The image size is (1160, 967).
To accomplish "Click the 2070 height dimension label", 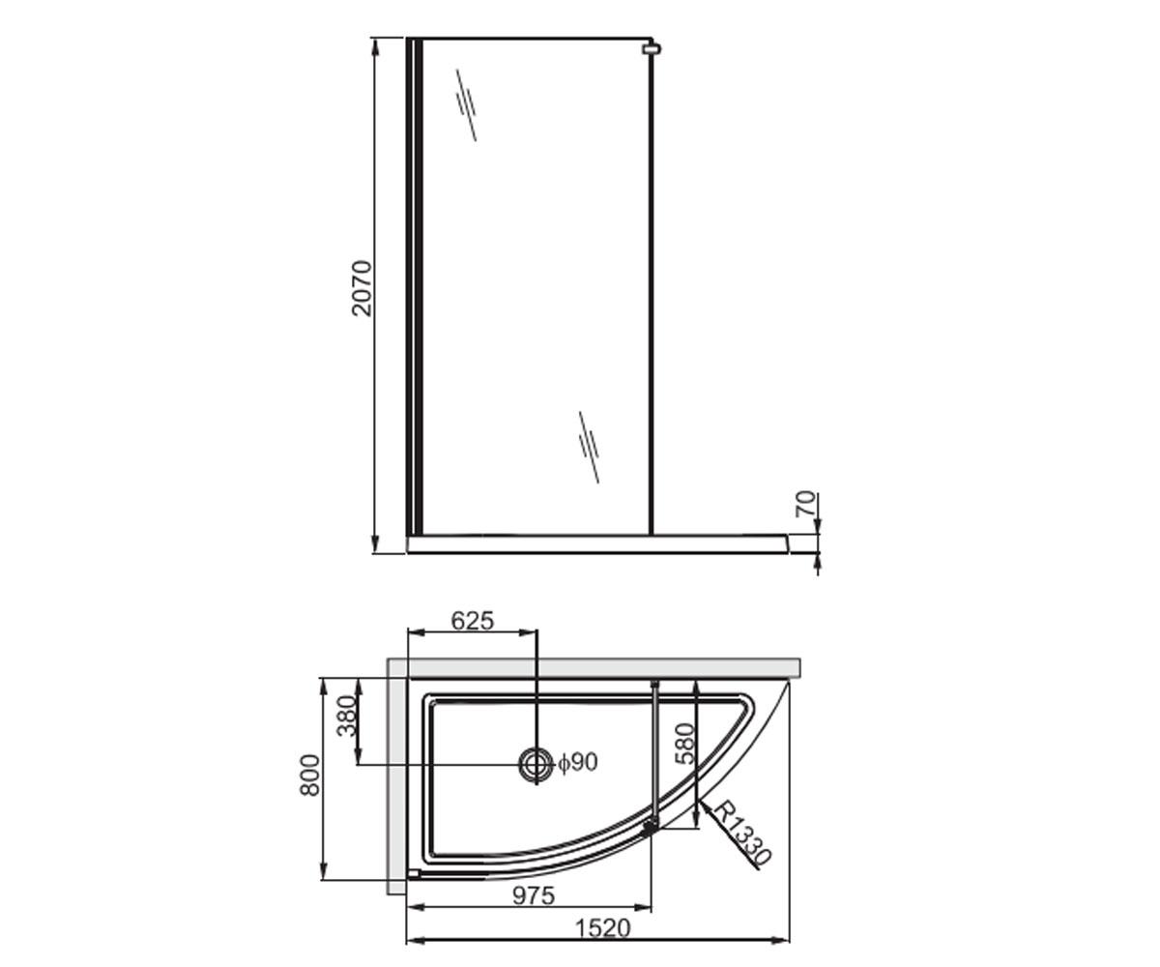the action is pyautogui.click(x=362, y=288).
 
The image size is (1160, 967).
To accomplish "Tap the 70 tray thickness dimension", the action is pyautogui.click(x=806, y=504).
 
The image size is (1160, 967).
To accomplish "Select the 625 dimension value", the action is pyautogui.click(x=473, y=621).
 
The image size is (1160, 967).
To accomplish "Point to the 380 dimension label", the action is pyautogui.click(x=347, y=716).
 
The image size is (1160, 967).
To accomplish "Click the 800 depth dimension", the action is pyautogui.click(x=310, y=776).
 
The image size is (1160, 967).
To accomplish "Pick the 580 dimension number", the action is pyautogui.click(x=686, y=744).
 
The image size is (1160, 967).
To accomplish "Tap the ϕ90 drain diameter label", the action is pyautogui.click(x=577, y=763).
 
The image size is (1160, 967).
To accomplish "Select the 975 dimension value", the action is pyautogui.click(x=534, y=895).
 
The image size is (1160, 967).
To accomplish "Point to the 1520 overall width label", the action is pyautogui.click(x=602, y=928).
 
